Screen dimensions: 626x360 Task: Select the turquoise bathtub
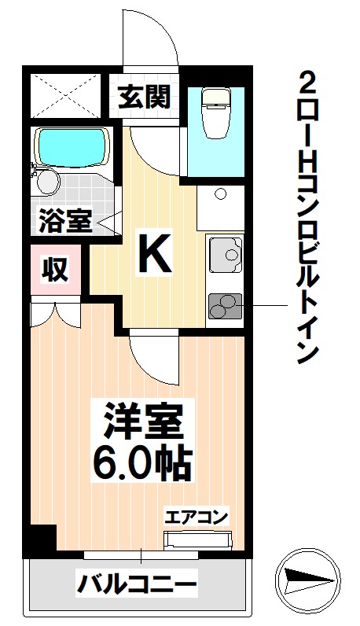(69, 145)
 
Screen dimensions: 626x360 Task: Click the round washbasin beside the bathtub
(49, 182)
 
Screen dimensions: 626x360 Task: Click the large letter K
(155, 253)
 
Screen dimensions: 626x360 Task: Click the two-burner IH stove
(226, 304)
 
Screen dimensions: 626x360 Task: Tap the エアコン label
(197, 517)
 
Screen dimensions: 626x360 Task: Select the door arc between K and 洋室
(152, 357)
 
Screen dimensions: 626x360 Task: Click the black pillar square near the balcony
(41, 540)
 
